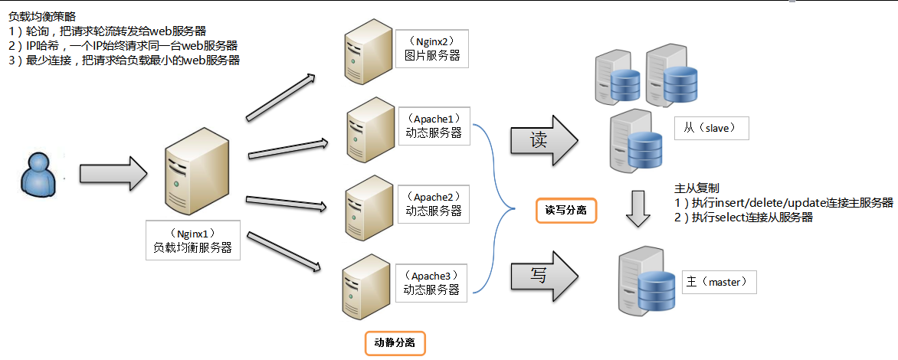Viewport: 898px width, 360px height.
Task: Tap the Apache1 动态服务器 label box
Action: pyautogui.click(x=434, y=125)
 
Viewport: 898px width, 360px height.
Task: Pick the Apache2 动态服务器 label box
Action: pyautogui.click(x=434, y=203)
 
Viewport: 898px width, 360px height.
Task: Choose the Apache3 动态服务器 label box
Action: pyautogui.click(x=431, y=282)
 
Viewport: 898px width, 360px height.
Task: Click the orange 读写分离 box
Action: pyautogui.click(x=565, y=209)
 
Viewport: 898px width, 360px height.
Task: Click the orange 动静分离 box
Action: pyautogui.click(x=394, y=342)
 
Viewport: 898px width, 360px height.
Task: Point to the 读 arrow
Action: pyautogui.click(x=543, y=141)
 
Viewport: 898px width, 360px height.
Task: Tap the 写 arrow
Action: pyautogui.click(x=543, y=274)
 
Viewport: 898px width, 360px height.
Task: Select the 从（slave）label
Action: pyautogui.click(x=710, y=128)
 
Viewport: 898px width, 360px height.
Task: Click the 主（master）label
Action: pyautogui.click(x=718, y=282)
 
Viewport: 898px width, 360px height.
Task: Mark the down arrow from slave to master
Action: pyautogui.click(x=638, y=209)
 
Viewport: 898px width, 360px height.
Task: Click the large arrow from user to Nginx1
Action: pyautogui.click(x=112, y=174)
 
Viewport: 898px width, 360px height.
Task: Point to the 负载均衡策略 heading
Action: pyautogui.click(x=42, y=16)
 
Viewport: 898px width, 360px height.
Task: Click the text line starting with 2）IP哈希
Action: pyautogui.click(x=123, y=45)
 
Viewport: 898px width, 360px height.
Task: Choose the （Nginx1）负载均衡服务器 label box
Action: pyautogui.click(x=192, y=241)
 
